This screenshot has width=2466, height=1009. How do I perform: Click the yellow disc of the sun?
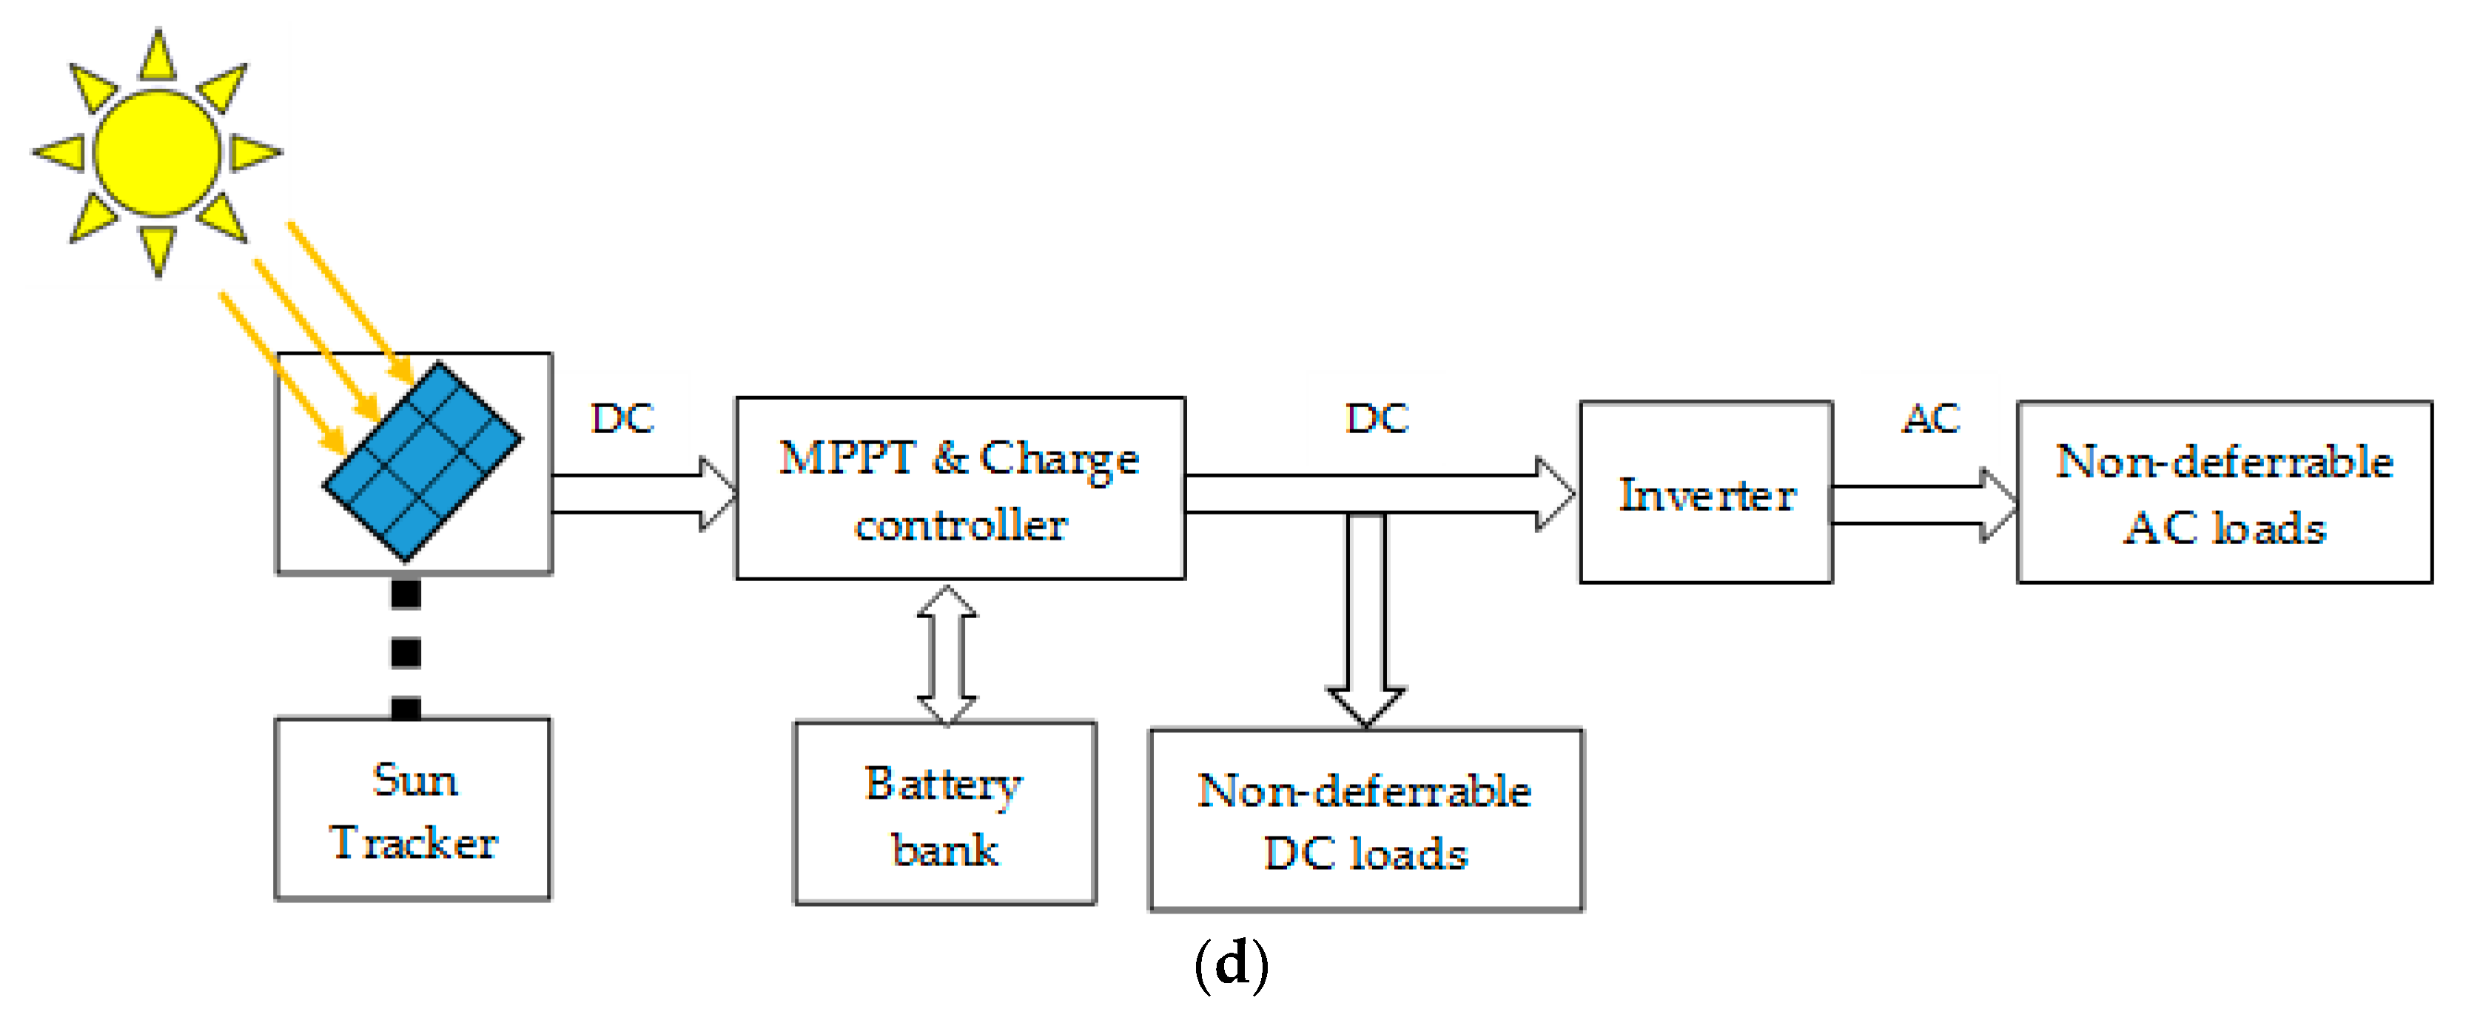(157, 153)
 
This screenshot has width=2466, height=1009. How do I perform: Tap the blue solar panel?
(422, 460)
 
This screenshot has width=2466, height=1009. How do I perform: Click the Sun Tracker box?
(412, 809)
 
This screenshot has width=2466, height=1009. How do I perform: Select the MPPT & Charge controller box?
(960, 489)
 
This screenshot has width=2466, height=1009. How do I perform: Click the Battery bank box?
(945, 814)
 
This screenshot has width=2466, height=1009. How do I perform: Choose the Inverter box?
(1706, 492)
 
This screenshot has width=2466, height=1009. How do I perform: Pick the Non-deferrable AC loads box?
(2224, 492)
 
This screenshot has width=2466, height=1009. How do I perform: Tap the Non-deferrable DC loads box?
(1366, 820)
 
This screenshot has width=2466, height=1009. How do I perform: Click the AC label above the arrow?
(1931, 418)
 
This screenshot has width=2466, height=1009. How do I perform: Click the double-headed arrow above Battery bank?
(947, 656)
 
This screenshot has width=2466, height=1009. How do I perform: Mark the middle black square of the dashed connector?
(406, 653)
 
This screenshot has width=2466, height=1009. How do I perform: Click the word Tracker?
(414, 843)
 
